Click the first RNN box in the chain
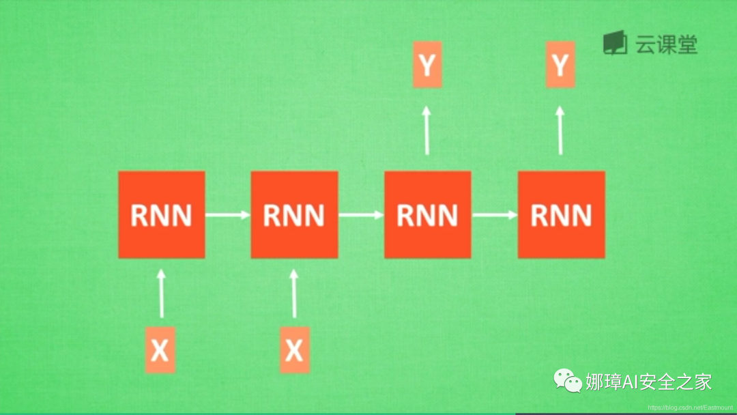click(x=162, y=215)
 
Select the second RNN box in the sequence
click(x=294, y=215)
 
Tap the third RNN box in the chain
click(x=428, y=215)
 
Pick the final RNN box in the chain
click(x=561, y=215)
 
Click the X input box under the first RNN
click(x=160, y=350)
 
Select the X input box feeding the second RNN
click(x=294, y=350)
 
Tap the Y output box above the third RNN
click(x=427, y=65)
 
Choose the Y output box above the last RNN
click(x=560, y=65)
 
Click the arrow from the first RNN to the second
click(x=228, y=215)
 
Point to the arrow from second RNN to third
click(x=361, y=215)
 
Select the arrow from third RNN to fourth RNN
click(x=495, y=215)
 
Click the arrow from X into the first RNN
click(x=161, y=294)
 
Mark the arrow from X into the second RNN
click(x=295, y=294)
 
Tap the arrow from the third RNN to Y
click(x=427, y=130)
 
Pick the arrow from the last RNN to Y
click(x=560, y=130)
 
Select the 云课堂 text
click(x=666, y=44)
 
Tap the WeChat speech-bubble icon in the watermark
click(x=568, y=380)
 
